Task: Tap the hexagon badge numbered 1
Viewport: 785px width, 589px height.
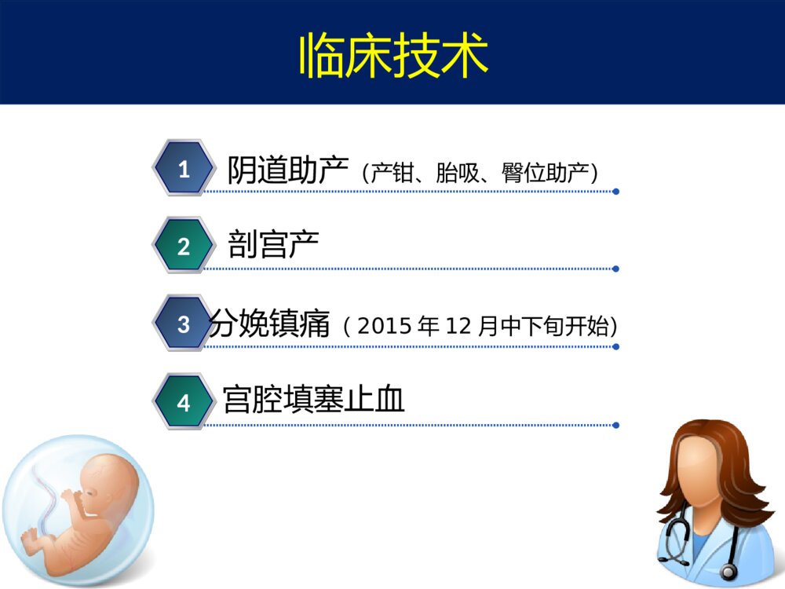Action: click(x=184, y=169)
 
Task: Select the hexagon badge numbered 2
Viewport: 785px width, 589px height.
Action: click(x=184, y=247)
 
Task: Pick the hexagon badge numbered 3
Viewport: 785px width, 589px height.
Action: click(x=184, y=324)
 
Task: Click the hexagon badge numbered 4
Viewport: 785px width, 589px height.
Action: click(x=184, y=403)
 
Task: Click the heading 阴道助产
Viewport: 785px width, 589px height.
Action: click(x=287, y=170)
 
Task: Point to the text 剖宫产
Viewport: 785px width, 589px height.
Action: click(x=273, y=246)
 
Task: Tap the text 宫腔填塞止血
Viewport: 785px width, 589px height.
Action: click(x=313, y=400)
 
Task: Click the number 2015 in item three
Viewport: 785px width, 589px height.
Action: click(x=385, y=325)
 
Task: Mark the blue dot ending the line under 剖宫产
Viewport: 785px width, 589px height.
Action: click(x=616, y=269)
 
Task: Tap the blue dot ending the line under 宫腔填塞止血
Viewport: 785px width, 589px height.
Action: click(x=616, y=425)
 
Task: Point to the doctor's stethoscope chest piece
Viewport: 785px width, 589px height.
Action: click(x=729, y=571)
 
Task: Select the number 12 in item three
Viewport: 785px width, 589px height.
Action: click(x=457, y=325)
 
